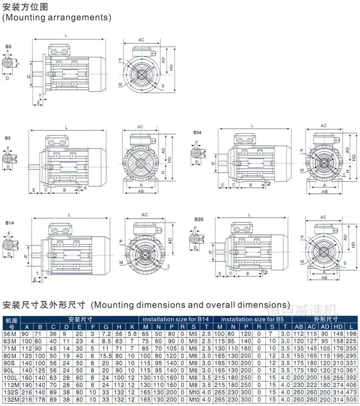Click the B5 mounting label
9,47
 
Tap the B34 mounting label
198,132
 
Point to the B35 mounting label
199,220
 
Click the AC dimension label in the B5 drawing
142,40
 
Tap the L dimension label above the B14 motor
70,214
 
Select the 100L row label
11,378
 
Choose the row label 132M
11,399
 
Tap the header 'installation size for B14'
176,319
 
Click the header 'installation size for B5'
252,319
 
